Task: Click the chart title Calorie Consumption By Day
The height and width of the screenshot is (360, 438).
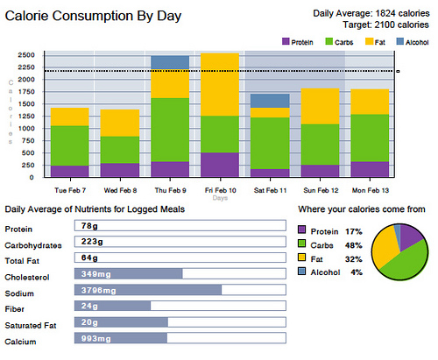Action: (86, 16)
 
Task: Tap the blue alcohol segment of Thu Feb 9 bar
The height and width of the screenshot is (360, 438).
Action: (170, 62)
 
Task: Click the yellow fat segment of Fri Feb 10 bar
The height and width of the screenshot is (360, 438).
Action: (220, 84)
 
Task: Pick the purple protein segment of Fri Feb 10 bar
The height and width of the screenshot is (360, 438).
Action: (220, 165)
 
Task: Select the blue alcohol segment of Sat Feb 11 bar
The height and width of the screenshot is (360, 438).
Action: (271, 101)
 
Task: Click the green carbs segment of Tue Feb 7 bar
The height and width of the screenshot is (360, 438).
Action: (69, 145)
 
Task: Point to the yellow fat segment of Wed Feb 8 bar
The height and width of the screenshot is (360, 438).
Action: (119, 123)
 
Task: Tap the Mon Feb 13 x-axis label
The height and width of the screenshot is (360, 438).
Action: (370, 188)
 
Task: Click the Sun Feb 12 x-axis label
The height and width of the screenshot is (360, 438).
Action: (321, 188)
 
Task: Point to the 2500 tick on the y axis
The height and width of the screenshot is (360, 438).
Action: (25, 54)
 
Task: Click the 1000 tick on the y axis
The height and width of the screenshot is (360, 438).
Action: (25, 128)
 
